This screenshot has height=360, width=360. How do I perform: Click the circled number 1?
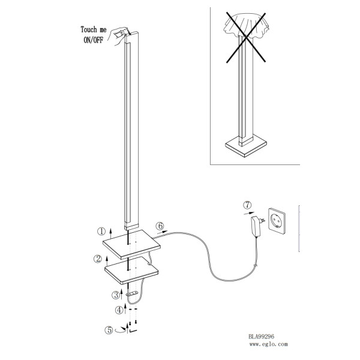[x=101, y=232]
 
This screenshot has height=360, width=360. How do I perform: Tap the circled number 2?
[x=98, y=259]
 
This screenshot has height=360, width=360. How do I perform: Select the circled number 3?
[x=115, y=295]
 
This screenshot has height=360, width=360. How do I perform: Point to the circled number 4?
[x=119, y=310]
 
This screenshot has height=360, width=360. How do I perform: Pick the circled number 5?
[x=109, y=330]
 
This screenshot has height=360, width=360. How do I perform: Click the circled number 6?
[x=160, y=226]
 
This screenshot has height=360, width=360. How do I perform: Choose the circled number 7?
[x=247, y=205]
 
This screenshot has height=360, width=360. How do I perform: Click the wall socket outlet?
[x=277, y=221]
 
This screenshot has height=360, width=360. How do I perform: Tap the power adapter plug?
[x=257, y=226]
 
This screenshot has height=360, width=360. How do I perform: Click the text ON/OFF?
[x=93, y=40]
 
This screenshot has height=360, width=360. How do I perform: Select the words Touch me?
[x=94, y=29]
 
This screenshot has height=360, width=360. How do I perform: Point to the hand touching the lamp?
[x=119, y=36]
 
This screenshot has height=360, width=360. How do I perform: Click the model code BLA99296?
[x=261, y=337]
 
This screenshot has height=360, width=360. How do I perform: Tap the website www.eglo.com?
[x=268, y=344]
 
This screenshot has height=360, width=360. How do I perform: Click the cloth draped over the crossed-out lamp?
[x=246, y=25]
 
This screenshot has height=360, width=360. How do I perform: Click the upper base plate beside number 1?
[x=131, y=244]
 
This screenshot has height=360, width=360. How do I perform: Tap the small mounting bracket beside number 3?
[x=132, y=293]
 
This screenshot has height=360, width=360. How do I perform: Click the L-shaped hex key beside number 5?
[x=133, y=331]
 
